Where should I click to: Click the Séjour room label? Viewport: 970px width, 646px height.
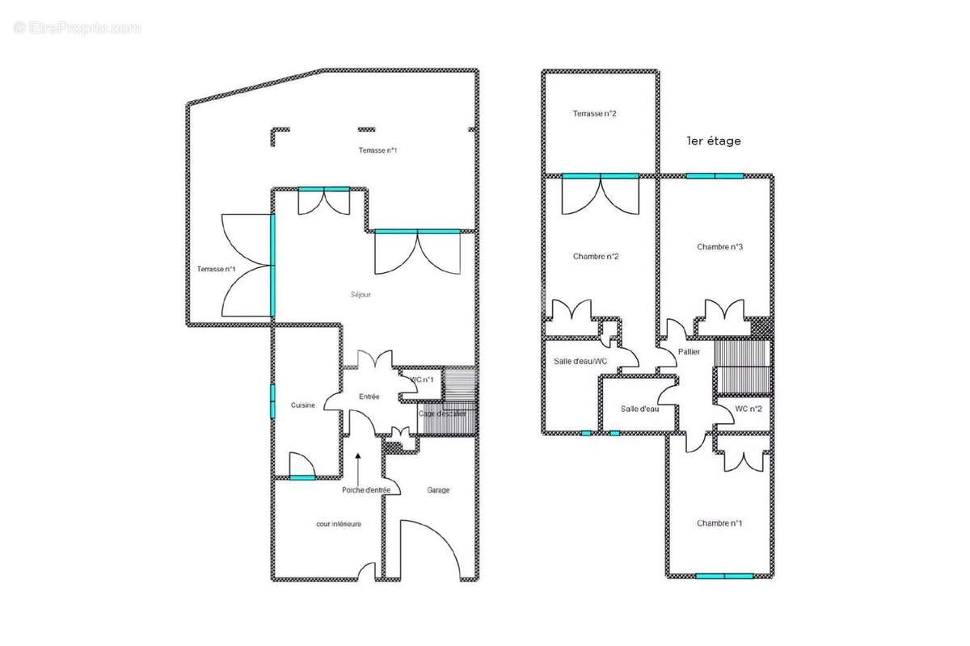pyautogui.click(x=361, y=295)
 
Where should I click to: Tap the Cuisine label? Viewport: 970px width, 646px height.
pyautogui.click(x=302, y=405)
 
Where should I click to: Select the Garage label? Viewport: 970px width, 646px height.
pyautogui.click(x=438, y=490)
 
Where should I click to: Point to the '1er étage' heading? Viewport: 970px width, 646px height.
pyautogui.click(x=713, y=141)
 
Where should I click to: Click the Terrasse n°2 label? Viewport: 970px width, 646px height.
pyautogui.click(x=594, y=113)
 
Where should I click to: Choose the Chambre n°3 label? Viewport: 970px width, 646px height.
pyautogui.click(x=719, y=246)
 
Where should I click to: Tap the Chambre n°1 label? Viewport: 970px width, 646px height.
pyautogui.click(x=719, y=523)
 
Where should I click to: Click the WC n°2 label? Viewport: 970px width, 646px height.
pyautogui.click(x=749, y=409)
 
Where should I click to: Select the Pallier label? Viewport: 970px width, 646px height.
pyautogui.click(x=689, y=352)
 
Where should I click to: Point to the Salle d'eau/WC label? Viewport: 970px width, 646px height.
pyautogui.click(x=580, y=361)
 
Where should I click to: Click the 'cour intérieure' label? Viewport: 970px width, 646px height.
pyautogui.click(x=338, y=524)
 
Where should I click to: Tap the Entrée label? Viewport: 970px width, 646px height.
pyautogui.click(x=369, y=396)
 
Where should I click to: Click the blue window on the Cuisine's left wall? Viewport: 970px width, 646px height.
pyautogui.click(x=272, y=401)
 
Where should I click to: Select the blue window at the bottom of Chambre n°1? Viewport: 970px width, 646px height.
pyautogui.click(x=724, y=576)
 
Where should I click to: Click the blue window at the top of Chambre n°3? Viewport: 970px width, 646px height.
pyautogui.click(x=715, y=176)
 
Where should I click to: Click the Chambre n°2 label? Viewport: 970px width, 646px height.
pyautogui.click(x=596, y=256)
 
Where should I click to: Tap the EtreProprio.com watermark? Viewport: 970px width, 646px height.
pyautogui.click(x=78, y=28)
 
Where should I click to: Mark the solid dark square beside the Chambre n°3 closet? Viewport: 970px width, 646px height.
pyautogui.click(x=761, y=327)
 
